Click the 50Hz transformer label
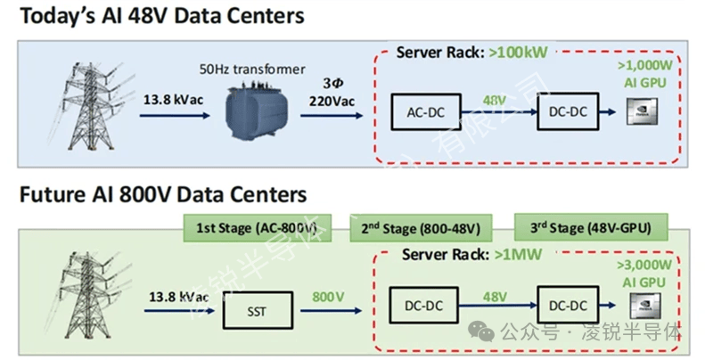click(266, 69)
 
